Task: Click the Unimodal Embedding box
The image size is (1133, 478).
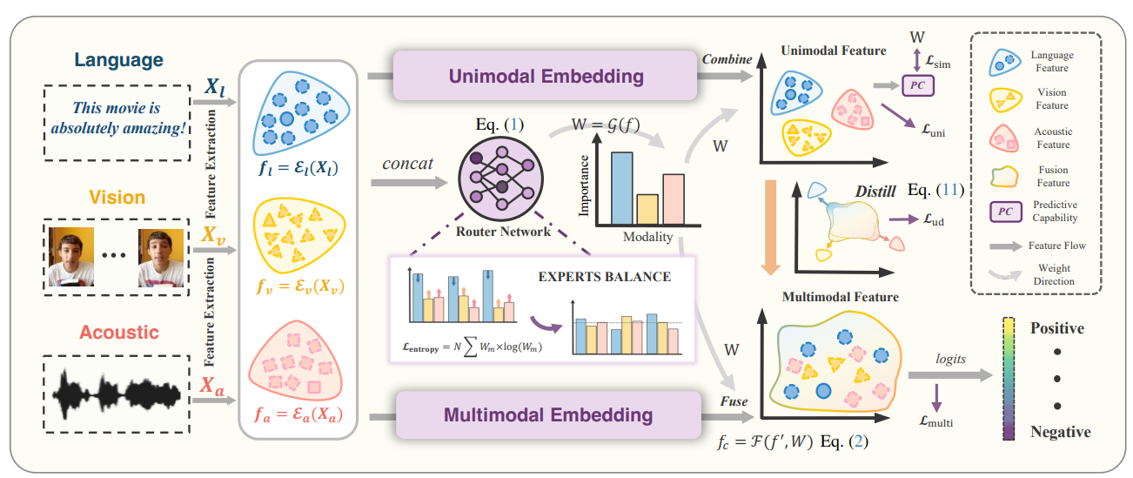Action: tap(546, 76)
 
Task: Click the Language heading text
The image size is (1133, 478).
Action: tap(118, 60)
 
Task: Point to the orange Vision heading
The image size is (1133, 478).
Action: tap(116, 197)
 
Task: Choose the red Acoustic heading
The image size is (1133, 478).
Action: tap(119, 332)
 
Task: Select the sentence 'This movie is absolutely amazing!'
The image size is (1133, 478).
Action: tap(116, 121)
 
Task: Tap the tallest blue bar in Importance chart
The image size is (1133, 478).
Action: tap(620, 189)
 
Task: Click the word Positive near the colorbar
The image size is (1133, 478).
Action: tap(1056, 329)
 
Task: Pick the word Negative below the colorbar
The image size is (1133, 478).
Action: tap(1060, 432)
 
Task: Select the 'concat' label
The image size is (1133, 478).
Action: tap(407, 163)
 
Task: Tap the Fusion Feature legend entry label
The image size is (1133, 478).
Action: tap(1053, 176)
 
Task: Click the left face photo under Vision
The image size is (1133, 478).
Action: tap(71, 258)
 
